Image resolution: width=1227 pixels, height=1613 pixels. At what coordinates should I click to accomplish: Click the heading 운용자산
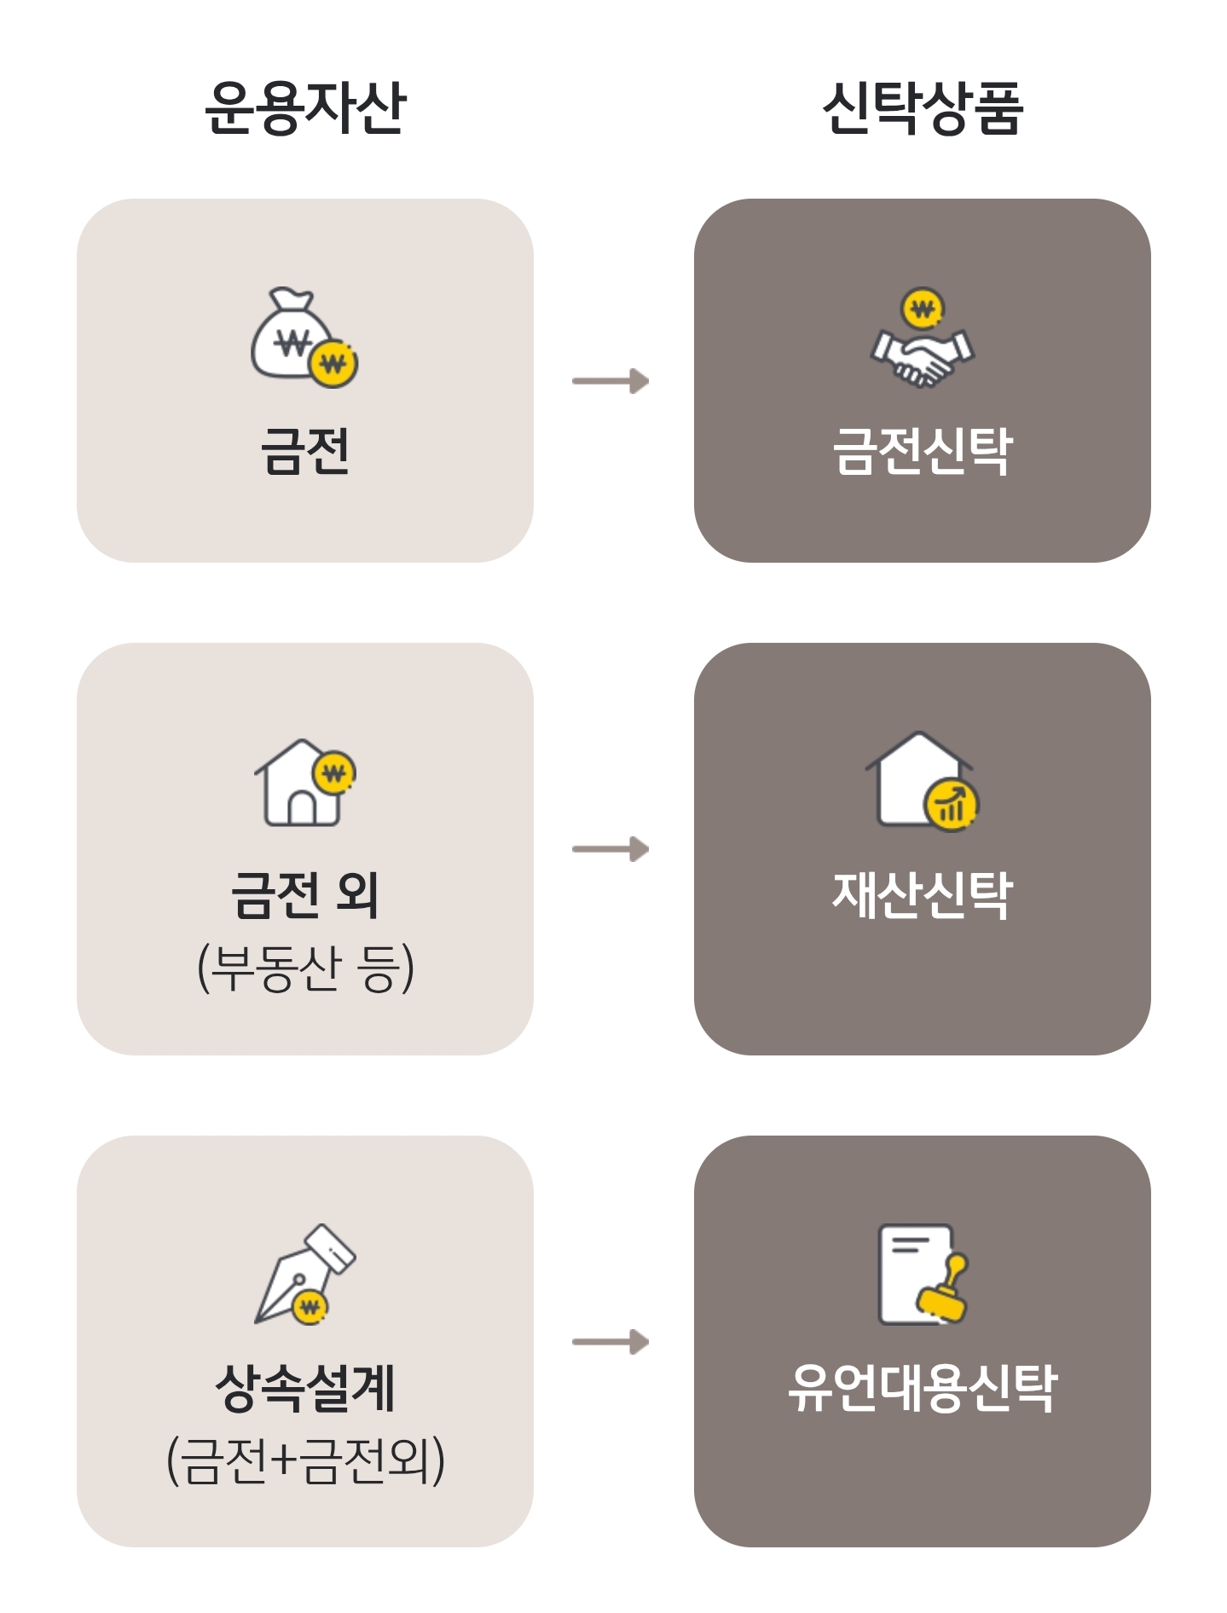305,108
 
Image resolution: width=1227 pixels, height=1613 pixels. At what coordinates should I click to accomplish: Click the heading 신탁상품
922,108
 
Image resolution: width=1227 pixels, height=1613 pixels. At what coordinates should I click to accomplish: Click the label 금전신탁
922,450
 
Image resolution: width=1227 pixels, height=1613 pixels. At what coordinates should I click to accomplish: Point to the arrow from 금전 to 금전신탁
611,381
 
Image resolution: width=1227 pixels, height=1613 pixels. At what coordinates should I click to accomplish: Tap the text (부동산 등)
305,968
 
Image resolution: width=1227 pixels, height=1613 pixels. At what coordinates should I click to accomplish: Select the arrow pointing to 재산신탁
611,849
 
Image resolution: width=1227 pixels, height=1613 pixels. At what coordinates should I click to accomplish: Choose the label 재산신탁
922,894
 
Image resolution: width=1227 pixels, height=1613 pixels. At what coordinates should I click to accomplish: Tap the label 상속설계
305,1387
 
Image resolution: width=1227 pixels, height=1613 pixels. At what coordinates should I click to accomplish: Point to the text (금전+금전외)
305,1460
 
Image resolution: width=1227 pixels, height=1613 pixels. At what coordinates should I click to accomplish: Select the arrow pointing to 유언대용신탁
611,1343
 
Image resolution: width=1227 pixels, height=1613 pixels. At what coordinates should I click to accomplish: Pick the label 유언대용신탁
922,1387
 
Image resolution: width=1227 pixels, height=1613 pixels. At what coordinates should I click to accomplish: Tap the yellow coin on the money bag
333,364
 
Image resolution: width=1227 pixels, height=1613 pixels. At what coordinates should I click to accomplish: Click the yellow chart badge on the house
952,804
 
